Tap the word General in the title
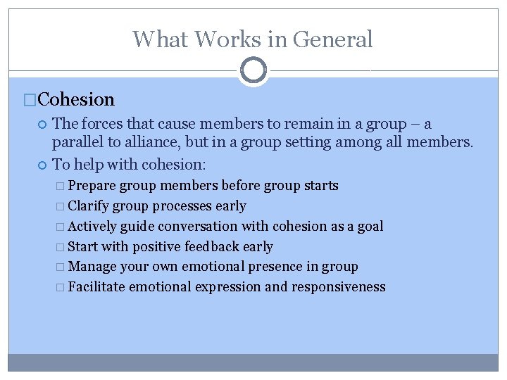(332, 39)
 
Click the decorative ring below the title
(254, 70)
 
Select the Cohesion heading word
(76, 100)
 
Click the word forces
(105, 125)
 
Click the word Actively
(93, 227)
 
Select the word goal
(370, 227)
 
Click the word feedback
(213, 247)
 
